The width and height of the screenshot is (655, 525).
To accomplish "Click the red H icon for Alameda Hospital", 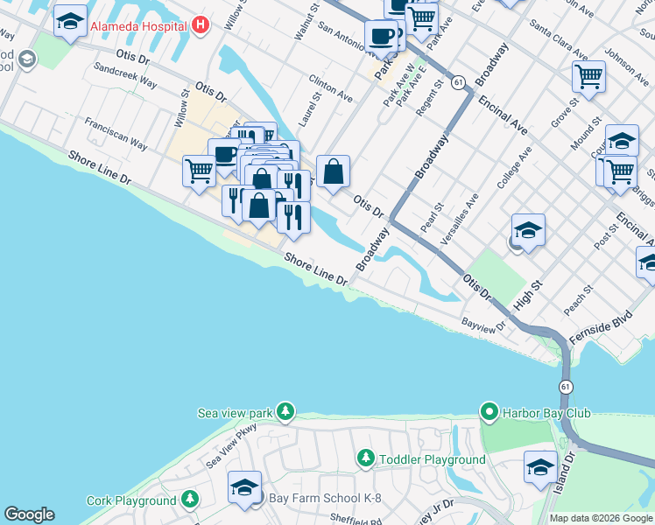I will tap(202, 25).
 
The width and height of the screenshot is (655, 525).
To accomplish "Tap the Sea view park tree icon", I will tap(284, 411).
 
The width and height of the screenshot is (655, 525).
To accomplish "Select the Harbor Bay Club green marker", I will tap(489, 411).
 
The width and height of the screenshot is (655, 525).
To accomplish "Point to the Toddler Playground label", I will tap(431, 459).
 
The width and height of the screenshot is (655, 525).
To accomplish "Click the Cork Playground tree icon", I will tap(190, 500).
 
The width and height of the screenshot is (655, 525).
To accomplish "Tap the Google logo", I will tap(29, 514).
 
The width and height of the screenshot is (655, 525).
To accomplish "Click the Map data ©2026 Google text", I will tap(601, 518).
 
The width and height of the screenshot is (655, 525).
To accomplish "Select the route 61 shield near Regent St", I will tap(458, 81).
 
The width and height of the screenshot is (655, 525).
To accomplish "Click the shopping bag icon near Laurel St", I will tap(333, 171).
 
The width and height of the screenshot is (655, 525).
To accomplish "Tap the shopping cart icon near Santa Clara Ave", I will tap(589, 76).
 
